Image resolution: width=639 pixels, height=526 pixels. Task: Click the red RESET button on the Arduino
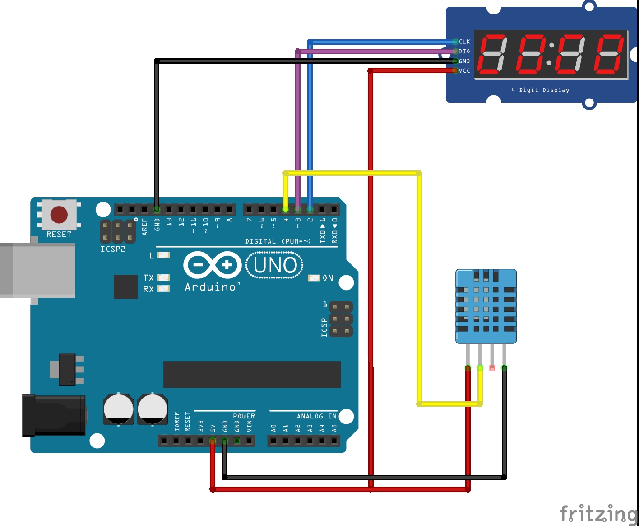coord(59,215)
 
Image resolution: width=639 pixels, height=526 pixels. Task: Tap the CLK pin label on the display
coord(464,42)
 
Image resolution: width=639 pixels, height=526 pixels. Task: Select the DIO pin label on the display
coord(464,52)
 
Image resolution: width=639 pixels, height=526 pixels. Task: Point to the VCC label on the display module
coord(464,71)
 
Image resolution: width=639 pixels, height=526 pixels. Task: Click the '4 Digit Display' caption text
coord(540,90)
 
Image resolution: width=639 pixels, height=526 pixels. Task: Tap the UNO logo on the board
coord(275,265)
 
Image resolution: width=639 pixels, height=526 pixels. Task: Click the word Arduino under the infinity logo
coord(211,287)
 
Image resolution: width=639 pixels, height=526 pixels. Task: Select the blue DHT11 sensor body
coord(486,306)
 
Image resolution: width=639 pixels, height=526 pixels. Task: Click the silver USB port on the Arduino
coord(38,270)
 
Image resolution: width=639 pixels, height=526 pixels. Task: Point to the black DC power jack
coord(54,415)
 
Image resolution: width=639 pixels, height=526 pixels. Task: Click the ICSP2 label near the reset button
coord(113,249)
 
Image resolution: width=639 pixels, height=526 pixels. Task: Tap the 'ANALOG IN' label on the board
coord(316,416)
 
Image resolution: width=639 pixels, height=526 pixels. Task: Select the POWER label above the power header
coord(244,416)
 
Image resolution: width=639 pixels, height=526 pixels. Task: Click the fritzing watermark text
coord(598,514)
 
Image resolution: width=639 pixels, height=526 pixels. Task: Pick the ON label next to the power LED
coord(328,278)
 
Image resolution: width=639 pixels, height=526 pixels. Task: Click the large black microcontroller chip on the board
coord(252,374)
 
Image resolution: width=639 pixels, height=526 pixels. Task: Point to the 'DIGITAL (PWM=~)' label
coord(278,241)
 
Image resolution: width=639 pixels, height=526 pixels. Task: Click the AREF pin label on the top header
coord(144,226)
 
